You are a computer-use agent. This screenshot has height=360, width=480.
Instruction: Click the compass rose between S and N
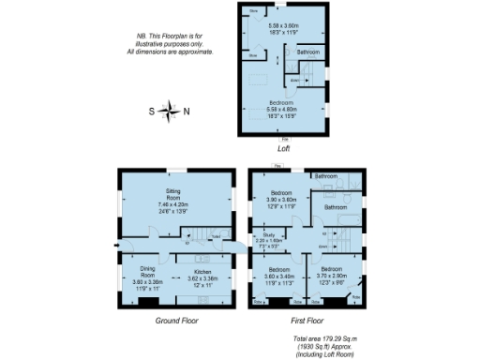point(169,112)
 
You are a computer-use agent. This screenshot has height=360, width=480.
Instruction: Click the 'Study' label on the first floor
point(268,234)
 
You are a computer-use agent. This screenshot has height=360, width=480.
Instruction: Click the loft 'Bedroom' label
point(282,101)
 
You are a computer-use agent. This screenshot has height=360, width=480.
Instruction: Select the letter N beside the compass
point(186,112)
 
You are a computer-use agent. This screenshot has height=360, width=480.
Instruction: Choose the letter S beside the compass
point(152,112)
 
